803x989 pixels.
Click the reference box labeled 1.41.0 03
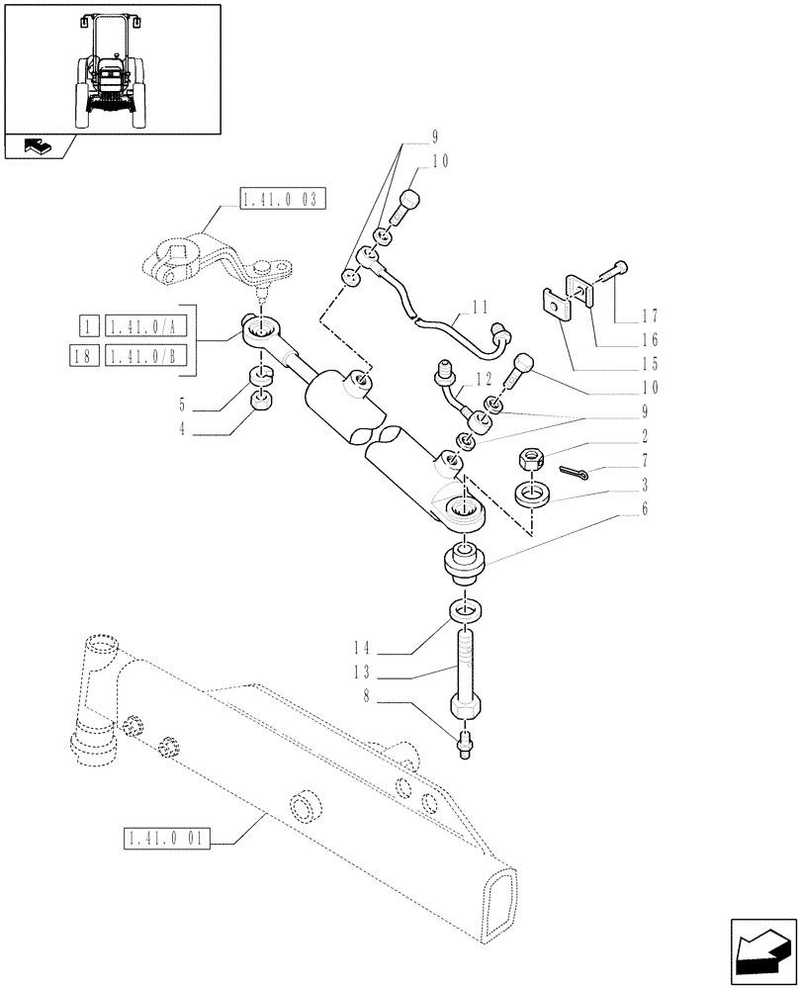(x=282, y=201)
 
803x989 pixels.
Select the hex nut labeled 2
(x=531, y=459)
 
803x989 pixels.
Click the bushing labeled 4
(x=262, y=403)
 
